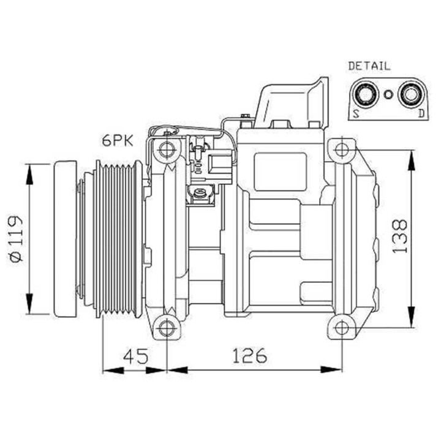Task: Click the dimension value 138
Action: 399,236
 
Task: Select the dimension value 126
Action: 249,356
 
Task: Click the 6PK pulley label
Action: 116,140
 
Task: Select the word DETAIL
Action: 369,66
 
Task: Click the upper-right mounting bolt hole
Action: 341,149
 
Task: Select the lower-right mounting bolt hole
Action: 341,327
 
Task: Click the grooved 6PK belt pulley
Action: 116,238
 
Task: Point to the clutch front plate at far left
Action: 65,238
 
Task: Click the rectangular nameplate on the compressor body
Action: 280,171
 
